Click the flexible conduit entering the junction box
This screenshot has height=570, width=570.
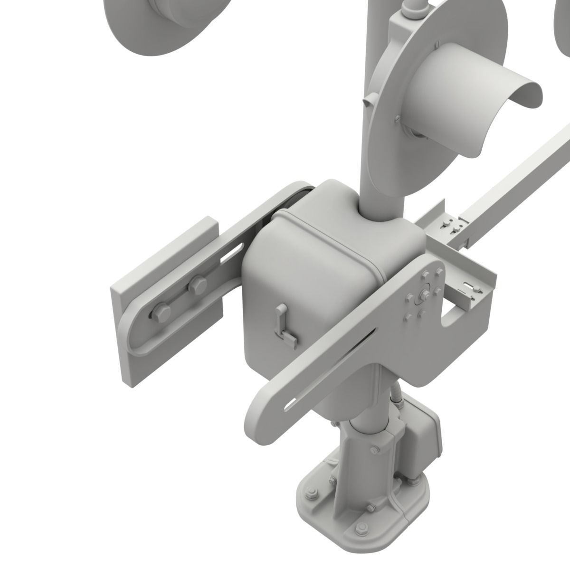click(396, 397)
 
